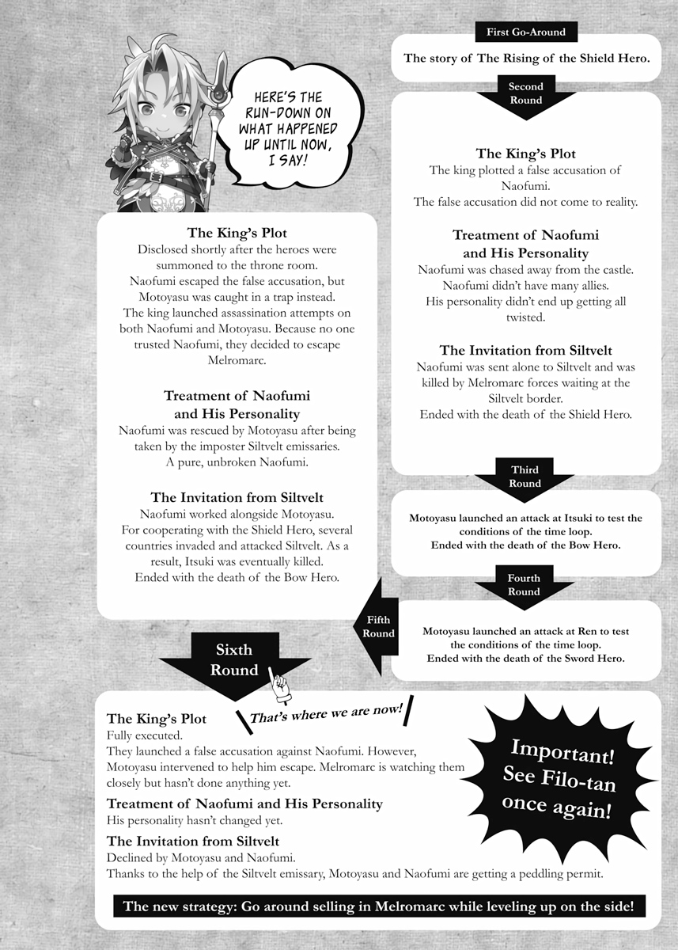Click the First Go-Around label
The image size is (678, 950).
pos(526,32)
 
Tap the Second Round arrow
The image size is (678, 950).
pos(526,95)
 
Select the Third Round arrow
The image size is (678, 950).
pos(525,477)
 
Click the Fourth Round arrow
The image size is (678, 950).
pos(524,586)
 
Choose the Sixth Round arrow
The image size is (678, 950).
pos(234,661)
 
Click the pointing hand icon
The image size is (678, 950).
pos(280,686)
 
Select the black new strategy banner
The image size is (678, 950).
pos(378,906)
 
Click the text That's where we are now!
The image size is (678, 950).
pos(326,712)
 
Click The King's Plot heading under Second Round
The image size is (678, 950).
pos(525,154)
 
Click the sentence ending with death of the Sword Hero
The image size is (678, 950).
pos(526,658)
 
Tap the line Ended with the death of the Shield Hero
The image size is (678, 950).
pos(525,414)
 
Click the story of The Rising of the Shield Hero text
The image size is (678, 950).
pos(526,58)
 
